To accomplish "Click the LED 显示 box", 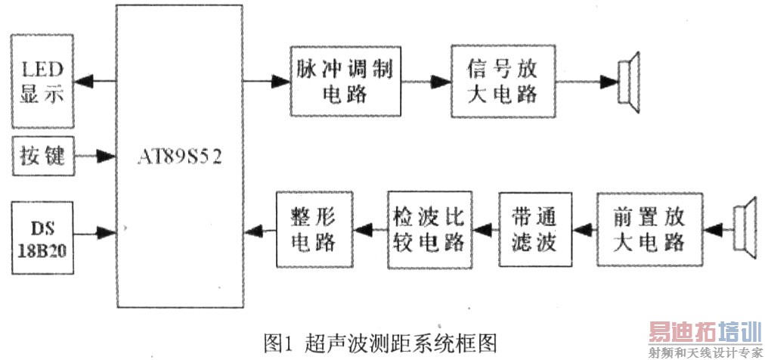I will [x=43, y=81].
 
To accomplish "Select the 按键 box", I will [x=43, y=157].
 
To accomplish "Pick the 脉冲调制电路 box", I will [x=345, y=80].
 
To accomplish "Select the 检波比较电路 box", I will [x=428, y=228].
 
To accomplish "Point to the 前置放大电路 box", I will [x=650, y=229].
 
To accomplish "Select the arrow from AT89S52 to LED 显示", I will [x=94, y=80].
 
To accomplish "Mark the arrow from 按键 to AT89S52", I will [x=95, y=157].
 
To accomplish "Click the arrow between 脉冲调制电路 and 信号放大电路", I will [x=426, y=80].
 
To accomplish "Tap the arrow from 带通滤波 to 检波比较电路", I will [x=484, y=228].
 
